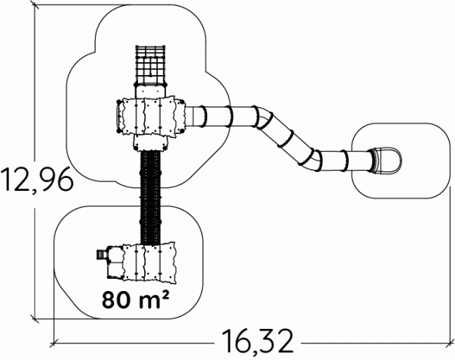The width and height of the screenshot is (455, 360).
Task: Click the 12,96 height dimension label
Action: click(36, 180)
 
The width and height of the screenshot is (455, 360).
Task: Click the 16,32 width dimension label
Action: click(257, 342)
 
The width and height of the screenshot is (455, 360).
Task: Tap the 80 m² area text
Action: click(135, 299)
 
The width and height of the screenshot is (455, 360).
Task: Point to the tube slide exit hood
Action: click(386, 161)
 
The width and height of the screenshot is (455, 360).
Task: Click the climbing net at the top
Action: click(150, 65)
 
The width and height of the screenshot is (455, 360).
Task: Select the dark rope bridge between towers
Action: click(150, 197)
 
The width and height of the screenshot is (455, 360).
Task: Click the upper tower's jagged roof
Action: click(153, 117)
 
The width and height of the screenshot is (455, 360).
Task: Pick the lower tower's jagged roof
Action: click(149, 262)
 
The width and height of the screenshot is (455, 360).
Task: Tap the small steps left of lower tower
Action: click(101, 255)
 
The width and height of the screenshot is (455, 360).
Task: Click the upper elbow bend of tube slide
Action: click(263, 117)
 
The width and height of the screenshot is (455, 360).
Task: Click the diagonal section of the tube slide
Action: click(287, 139)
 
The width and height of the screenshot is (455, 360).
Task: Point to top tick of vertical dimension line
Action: click(35, 5)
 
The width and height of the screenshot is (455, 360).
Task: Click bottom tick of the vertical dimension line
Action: click(35, 319)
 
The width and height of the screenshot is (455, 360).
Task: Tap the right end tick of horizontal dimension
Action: click(450, 343)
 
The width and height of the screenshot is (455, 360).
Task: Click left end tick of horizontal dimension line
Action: click(55, 343)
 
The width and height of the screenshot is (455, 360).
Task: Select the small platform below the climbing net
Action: click(150, 91)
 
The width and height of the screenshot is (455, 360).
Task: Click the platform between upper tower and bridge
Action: click(151, 143)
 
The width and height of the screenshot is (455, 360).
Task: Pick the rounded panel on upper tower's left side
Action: click(119, 117)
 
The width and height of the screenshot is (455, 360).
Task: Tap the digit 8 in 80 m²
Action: click(108, 299)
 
